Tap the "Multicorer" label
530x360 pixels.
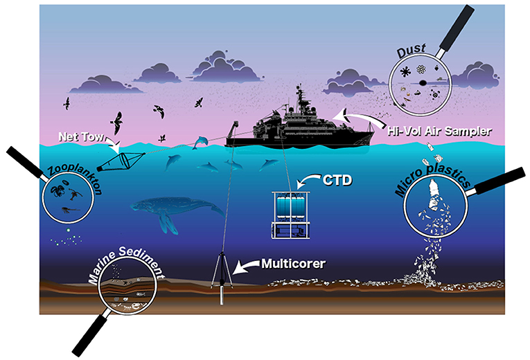click(290, 264)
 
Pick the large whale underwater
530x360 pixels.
click(160, 211)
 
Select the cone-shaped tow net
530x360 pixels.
click(112, 161)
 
